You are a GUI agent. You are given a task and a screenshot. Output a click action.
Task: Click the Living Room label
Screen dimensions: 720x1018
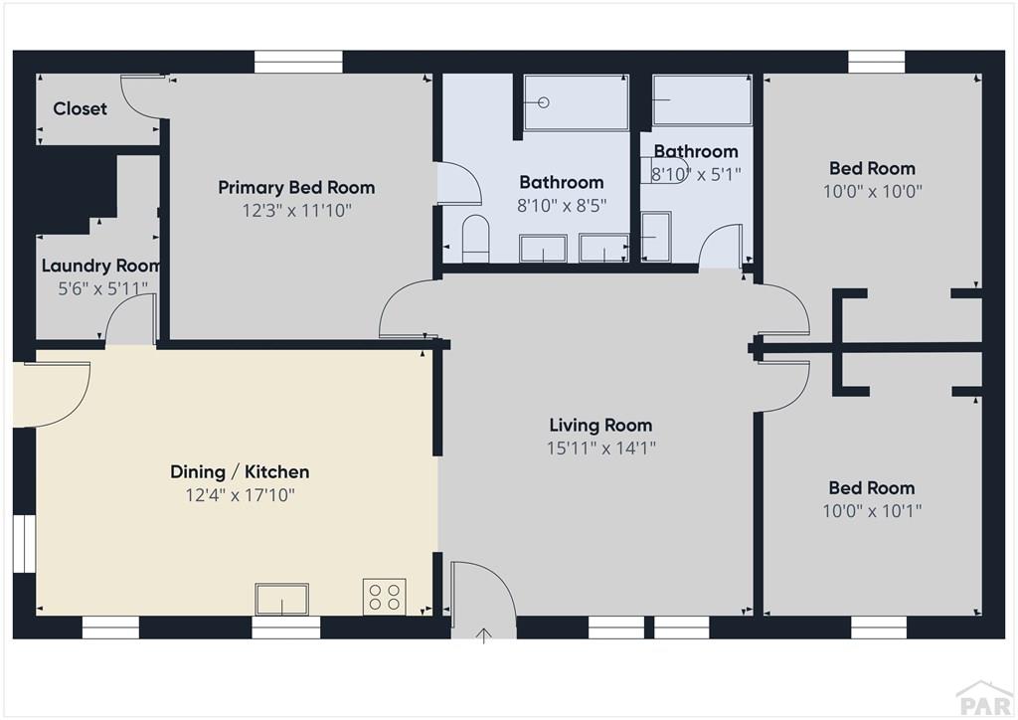(600, 426)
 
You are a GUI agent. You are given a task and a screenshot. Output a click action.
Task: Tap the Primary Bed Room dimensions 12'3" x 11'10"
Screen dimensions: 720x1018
(296, 210)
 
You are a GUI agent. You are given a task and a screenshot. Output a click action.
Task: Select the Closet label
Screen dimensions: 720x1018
(80, 108)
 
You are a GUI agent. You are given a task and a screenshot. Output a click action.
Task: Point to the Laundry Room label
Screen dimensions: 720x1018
(99, 266)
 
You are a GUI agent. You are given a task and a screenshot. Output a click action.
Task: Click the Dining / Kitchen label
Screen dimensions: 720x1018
(240, 471)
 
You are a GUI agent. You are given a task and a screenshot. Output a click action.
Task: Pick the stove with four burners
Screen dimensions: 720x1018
(384, 596)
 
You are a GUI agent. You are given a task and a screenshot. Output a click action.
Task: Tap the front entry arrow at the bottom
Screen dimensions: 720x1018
(484, 634)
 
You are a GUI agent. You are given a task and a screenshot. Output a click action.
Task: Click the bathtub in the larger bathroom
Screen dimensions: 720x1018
(576, 102)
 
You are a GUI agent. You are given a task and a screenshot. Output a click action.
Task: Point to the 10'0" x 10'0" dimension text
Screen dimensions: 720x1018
(873, 191)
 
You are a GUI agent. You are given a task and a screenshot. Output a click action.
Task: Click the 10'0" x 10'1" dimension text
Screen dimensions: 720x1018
(872, 510)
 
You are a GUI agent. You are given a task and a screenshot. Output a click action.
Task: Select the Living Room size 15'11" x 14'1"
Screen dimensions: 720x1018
(600, 448)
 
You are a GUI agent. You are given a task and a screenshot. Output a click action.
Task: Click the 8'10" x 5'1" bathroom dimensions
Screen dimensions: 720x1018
(696, 173)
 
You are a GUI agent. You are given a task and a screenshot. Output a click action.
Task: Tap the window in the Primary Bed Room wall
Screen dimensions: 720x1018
(298, 62)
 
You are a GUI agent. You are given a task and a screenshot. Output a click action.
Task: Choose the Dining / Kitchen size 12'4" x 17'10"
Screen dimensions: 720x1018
(240, 494)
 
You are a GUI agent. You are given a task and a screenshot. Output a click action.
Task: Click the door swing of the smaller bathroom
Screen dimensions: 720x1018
(722, 249)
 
